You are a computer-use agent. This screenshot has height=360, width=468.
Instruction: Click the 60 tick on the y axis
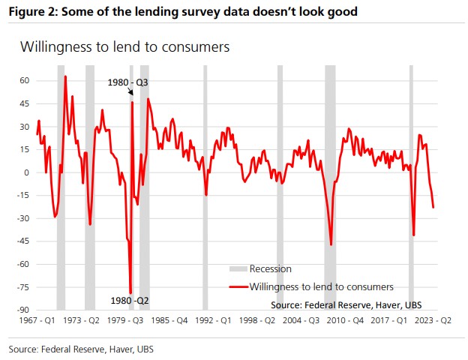click(24, 80)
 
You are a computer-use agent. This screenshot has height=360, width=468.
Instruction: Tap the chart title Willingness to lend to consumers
click(124, 46)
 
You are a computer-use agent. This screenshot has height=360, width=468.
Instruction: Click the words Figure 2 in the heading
click(34, 11)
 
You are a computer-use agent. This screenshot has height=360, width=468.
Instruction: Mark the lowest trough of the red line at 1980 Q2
click(130, 293)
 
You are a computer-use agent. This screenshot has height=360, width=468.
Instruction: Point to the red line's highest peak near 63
click(65, 76)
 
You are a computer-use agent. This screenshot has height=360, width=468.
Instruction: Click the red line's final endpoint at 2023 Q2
click(433, 207)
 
